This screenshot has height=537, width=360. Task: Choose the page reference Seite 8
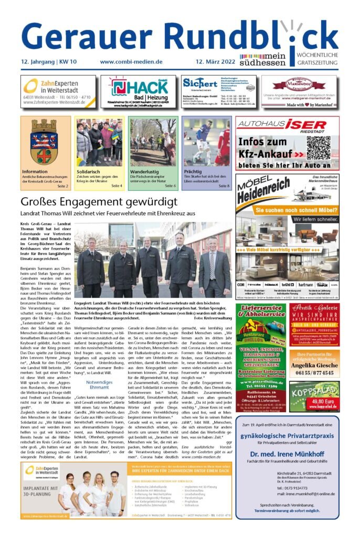point(224,186)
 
